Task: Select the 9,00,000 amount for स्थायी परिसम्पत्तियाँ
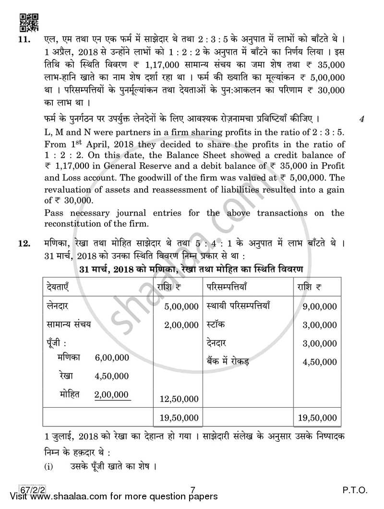(x=320, y=306)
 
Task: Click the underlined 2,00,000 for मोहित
(x=111, y=394)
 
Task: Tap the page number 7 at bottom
(x=192, y=490)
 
